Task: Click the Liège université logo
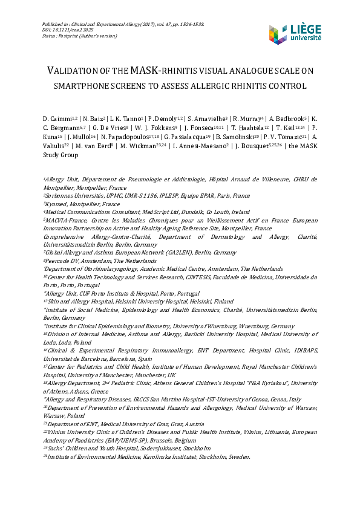pyautogui.click(x=295, y=34)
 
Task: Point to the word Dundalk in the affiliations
pyautogui.click(x=192, y=213)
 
